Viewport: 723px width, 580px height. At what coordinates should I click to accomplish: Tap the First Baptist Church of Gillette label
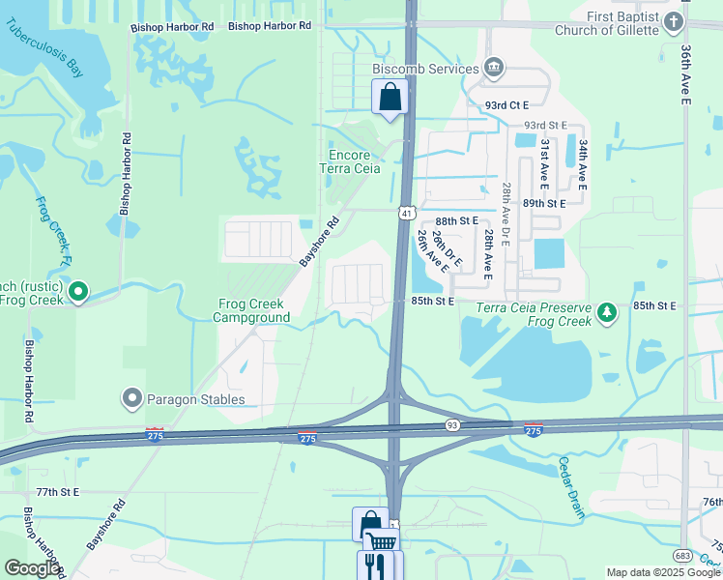[619, 23]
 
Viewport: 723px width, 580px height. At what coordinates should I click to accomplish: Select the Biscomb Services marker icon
[494, 68]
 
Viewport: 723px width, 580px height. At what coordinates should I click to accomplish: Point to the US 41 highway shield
[407, 212]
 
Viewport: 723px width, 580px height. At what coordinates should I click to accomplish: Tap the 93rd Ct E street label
[506, 104]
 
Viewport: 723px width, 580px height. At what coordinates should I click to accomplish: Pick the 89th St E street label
[544, 204]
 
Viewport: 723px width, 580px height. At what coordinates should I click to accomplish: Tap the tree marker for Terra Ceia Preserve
[606, 312]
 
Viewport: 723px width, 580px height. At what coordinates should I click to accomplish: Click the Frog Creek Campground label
[251, 310]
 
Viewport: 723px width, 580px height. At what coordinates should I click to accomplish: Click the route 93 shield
[452, 424]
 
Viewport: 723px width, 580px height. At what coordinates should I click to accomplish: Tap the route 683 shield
[683, 556]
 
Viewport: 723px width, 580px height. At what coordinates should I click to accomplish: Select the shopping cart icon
[382, 543]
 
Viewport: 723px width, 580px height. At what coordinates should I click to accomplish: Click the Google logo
[33, 568]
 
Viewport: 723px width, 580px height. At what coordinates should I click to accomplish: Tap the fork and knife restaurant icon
[373, 565]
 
